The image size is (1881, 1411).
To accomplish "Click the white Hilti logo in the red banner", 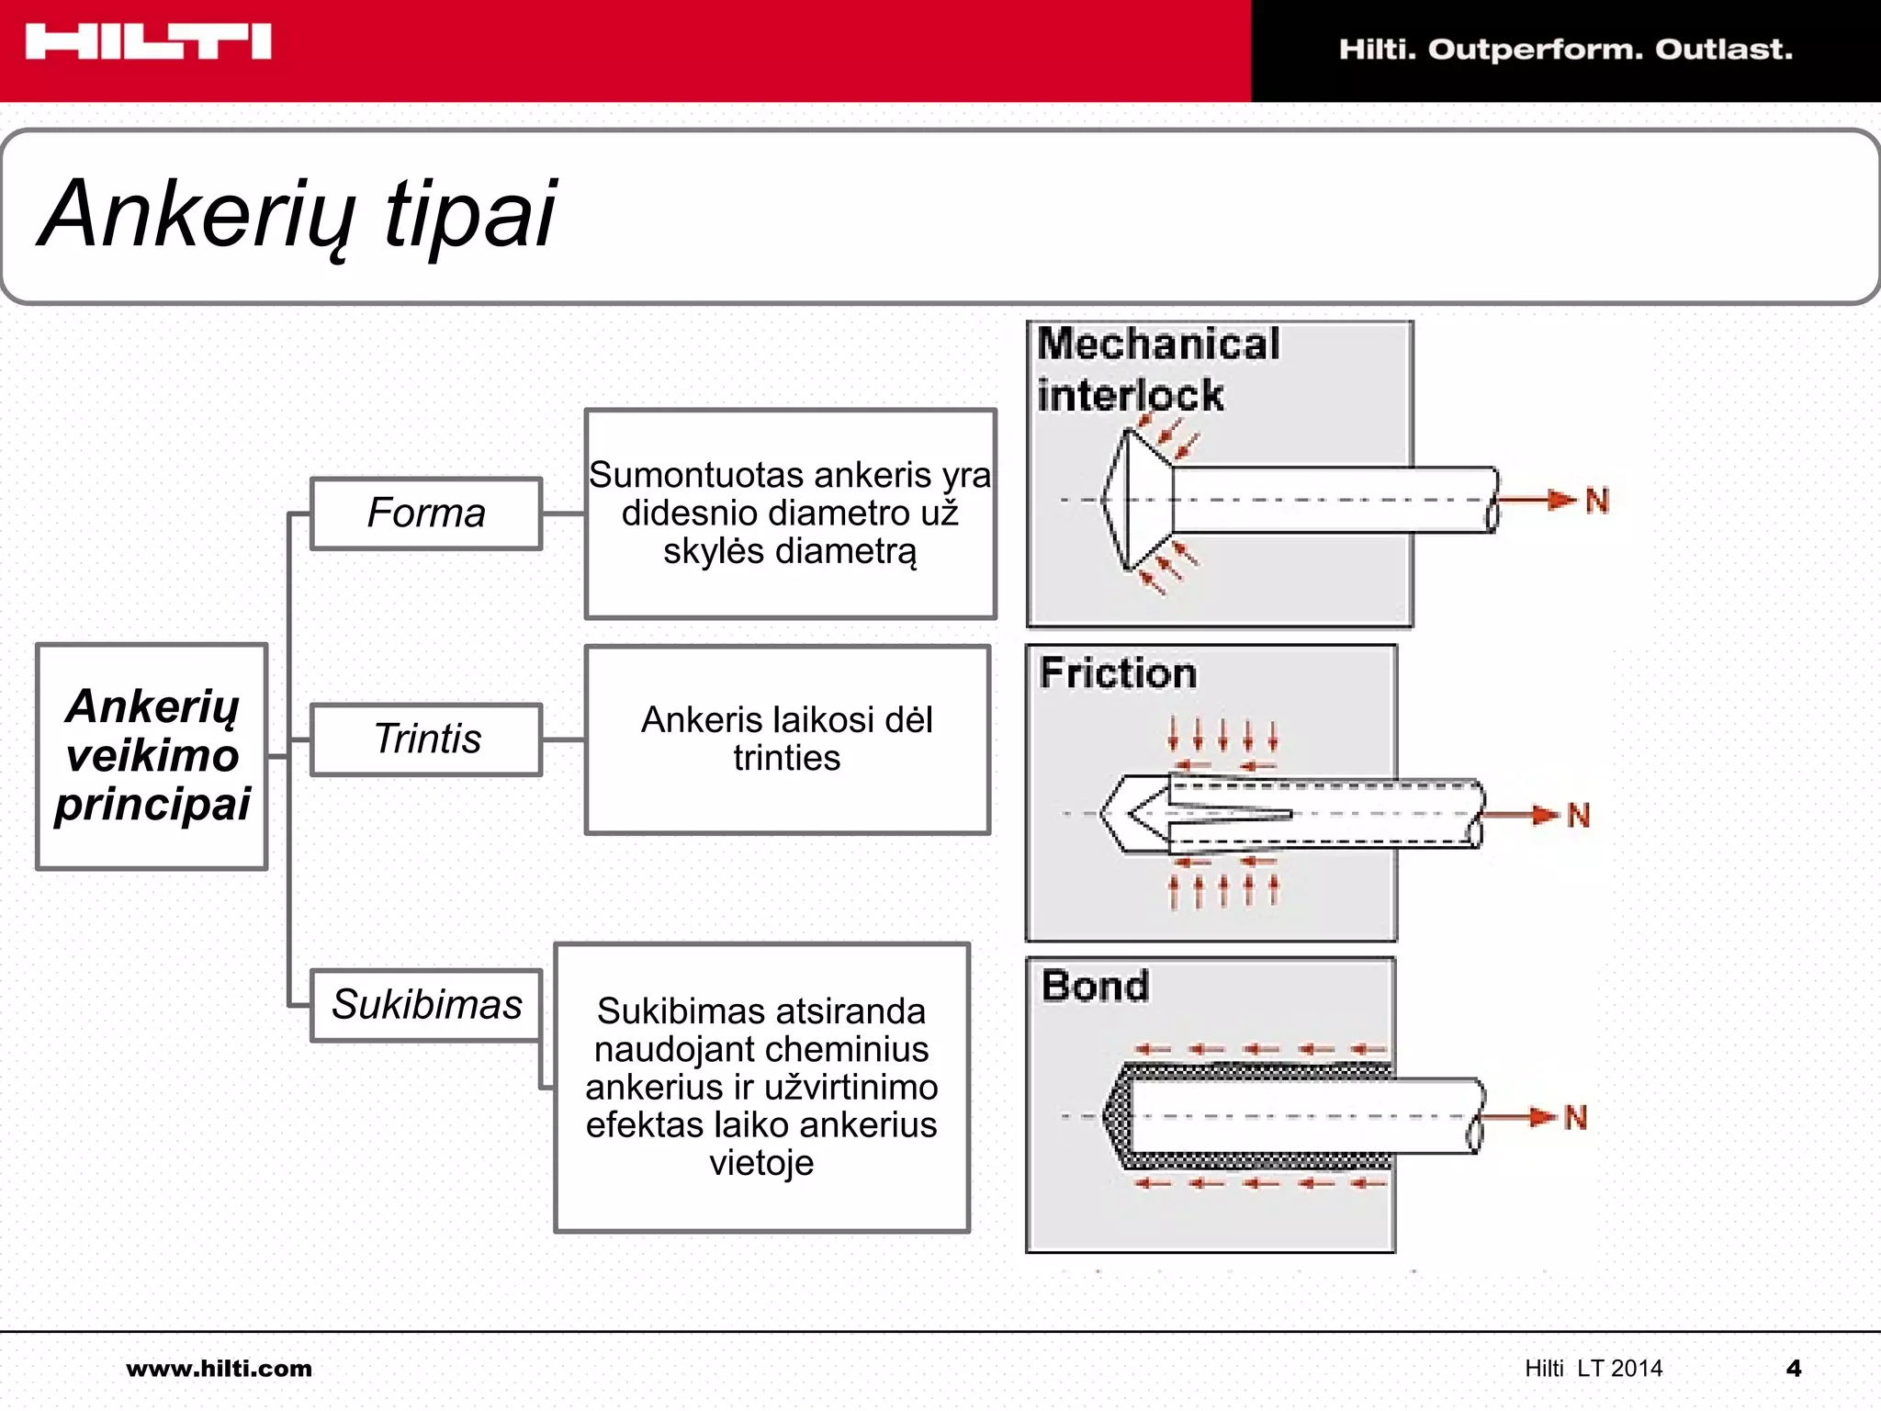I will (148, 42).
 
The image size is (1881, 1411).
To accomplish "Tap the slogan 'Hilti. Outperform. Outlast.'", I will (1565, 49).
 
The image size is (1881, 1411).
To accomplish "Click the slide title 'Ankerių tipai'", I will (298, 214).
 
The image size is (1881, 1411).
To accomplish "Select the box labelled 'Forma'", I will (426, 513).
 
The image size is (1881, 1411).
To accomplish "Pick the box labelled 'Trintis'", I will (426, 739).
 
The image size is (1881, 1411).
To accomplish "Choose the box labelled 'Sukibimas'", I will (426, 1004).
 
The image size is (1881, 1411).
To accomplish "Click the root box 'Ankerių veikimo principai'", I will (152, 755).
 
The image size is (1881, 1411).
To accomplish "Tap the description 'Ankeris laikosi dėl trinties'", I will (786, 739).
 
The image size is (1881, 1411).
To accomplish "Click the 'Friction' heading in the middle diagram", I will (1118, 672).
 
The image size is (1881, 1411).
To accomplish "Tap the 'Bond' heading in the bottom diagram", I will (1095, 986).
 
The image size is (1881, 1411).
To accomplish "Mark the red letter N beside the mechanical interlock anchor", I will (1597, 501).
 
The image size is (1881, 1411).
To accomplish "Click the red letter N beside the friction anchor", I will (1578, 815).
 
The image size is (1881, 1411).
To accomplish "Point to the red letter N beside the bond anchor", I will (1575, 1117).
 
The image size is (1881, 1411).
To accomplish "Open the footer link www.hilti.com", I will (219, 1369).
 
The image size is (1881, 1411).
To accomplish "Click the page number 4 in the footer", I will (1794, 1369).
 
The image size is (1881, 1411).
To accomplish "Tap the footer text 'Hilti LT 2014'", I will (1594, 1369).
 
